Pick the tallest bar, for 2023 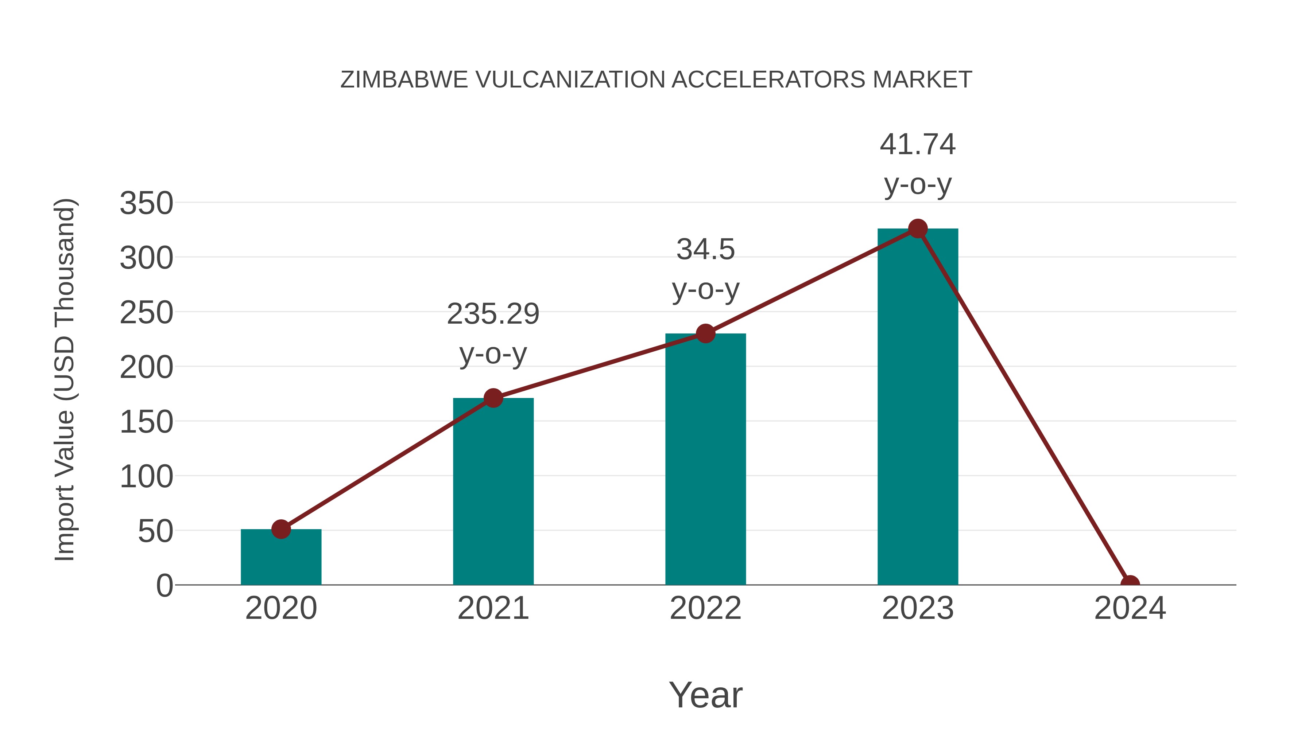pyautogui.click(x=918, y=407)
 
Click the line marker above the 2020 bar pyautogui.click(x=281, y=529)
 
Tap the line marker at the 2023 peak pyautogui.click(x=918, y=229)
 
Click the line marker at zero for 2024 pyautogui.click(x=1130, y=584)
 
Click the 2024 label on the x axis pyautogui.click(x=1130, y=608)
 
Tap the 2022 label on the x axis pyautogui.click(x=705, y=608)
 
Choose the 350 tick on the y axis pyautogui.click(x=146, y=203)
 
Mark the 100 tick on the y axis pyautogui.click(x=146, y=477)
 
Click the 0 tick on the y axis pyautogui.click(x=164, y=586)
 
